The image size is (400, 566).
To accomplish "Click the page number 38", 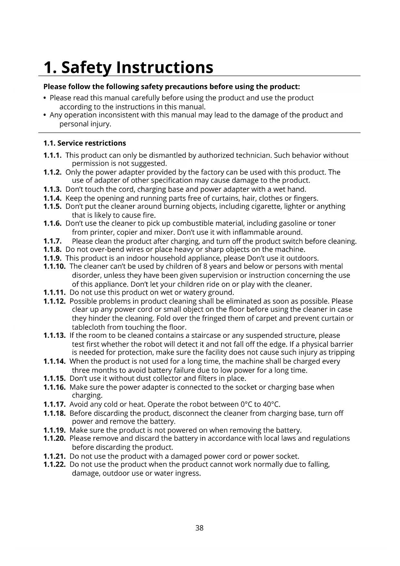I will (x=200, y=528).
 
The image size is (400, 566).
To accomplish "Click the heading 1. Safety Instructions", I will (x=128, y=67).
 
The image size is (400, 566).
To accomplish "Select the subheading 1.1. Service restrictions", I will (x=85, y=143).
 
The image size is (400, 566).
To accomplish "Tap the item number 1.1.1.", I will (x=52, y=155).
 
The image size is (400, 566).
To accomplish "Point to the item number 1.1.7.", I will (x=52, y=241).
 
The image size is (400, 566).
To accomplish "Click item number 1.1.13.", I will (x=54, y=336).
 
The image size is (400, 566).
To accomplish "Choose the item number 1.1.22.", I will (x=54, y=465).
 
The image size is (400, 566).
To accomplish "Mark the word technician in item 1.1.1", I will (x=254, y=155).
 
